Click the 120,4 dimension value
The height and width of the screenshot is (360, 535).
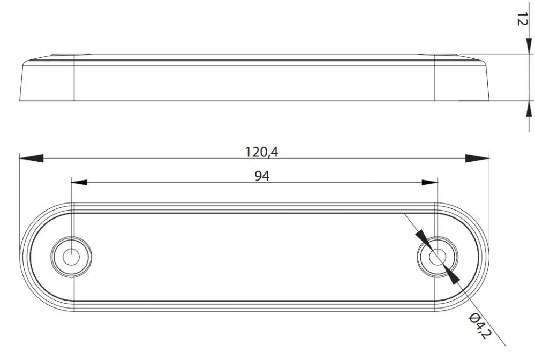(261, 152)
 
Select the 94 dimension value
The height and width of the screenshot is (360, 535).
(262, 176)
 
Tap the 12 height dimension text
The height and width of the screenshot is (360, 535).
(522, 19)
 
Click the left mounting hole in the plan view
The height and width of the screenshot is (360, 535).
(71, 257)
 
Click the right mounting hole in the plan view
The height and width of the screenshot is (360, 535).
(437, 257)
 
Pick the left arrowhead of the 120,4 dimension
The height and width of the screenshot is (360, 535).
(32, 159)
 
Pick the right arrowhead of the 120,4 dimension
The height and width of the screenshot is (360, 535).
(477, 159)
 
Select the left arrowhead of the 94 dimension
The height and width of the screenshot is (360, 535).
(79, 182)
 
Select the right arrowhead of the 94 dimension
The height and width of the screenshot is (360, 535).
(430, 182)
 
